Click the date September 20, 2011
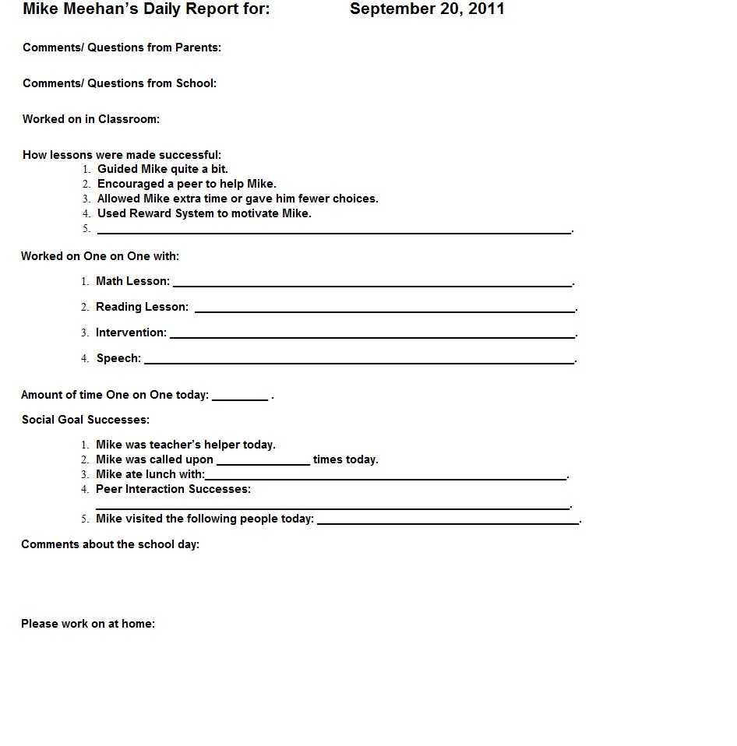427,9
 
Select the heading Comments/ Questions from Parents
122,48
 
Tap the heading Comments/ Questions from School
119,83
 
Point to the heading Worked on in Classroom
90,119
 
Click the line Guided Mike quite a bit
162,169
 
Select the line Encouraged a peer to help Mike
186,184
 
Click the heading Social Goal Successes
86,420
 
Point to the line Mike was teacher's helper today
185,445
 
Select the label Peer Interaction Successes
173,489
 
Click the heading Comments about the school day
110,544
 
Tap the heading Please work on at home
88,624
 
